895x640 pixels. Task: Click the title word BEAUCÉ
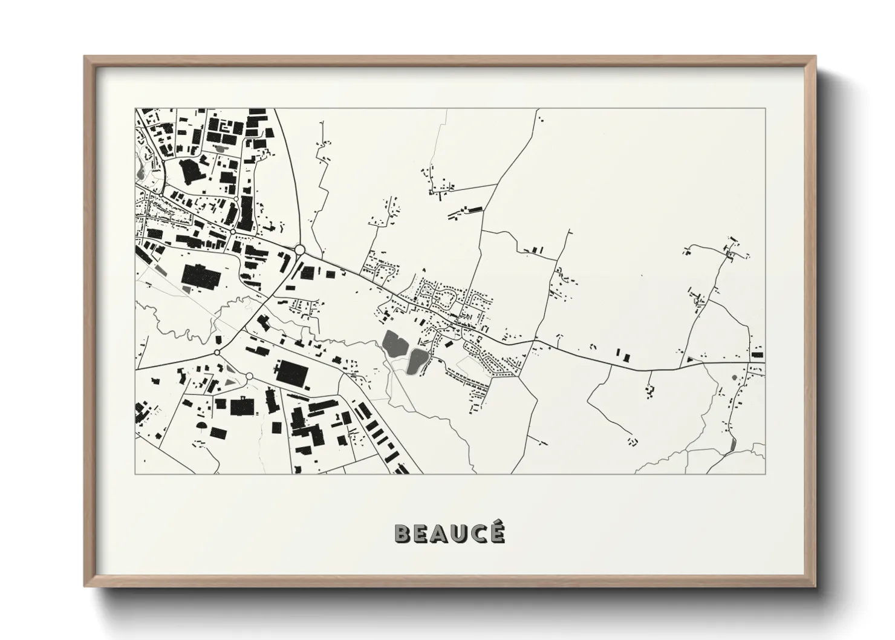(449, 534)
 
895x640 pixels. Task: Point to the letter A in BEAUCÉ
(440, 534)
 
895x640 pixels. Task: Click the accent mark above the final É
(498, 524)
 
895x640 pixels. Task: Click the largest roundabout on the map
(299, 249)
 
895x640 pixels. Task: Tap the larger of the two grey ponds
(395, 344)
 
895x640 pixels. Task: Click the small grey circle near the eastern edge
(734, 377)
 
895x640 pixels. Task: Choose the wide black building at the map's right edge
(757, 355)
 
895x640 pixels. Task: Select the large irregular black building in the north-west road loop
(192, 173)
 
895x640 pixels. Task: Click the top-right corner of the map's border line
(765, 109)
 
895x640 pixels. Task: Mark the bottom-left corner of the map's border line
(135, 474)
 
